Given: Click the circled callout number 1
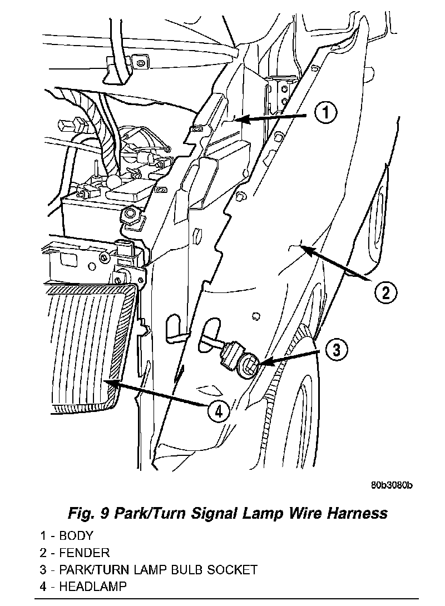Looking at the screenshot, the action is [x=326, y=113].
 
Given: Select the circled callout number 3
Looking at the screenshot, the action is [x=336, y=350].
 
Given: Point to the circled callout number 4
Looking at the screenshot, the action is [x=219, y=411].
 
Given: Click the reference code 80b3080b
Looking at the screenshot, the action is [x=392, y=485].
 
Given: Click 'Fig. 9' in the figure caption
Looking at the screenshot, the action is [x=88, y=512].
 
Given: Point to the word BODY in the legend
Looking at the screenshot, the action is [x=76, y=537].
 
